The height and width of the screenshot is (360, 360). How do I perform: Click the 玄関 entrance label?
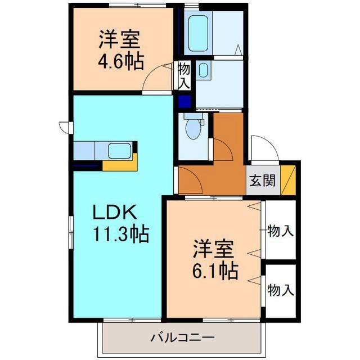coord(262,181)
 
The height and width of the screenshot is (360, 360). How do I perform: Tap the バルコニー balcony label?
coord(182,339)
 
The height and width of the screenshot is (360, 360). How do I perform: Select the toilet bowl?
coord(193,129)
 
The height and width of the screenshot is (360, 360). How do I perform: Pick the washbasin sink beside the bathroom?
coord(203,70)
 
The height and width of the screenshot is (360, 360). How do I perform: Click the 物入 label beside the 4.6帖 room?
coord(184,75)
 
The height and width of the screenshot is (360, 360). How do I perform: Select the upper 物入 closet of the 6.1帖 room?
coord(280,230)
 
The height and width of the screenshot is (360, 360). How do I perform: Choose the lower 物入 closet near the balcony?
coord(280,290)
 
